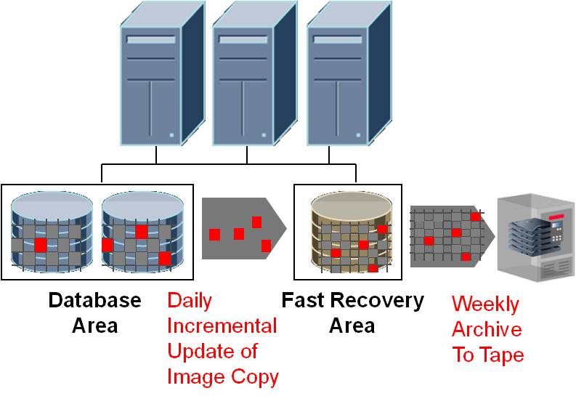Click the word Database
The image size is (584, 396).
[94, 300]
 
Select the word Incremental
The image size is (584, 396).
[222, 326]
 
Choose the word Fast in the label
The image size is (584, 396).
[301, 300]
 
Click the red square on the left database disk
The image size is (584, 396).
[40, 244]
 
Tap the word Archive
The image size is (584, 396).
[487, 329]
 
